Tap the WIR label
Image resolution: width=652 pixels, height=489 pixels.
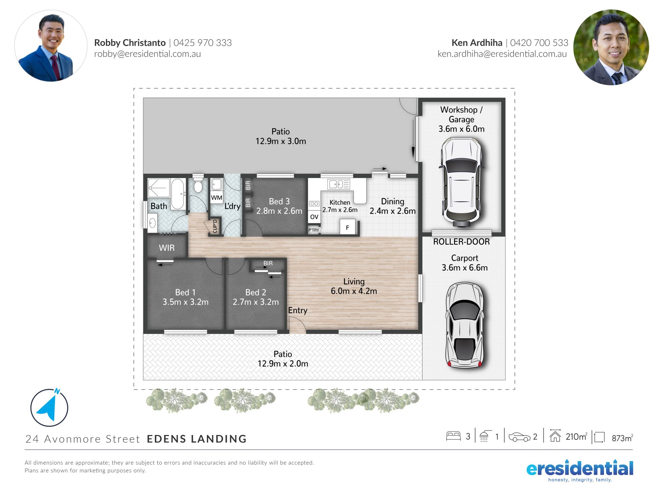click(x=167, y=248)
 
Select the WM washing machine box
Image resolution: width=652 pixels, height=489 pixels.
click(x=217, y=197)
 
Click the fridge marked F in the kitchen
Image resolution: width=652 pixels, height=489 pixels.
click(x=347, y=227)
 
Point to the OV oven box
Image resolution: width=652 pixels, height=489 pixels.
click(x=314, y=217)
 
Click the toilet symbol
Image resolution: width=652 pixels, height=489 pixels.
click(x=198, y=184)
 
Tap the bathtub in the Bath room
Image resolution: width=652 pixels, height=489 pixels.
click(x=177, y=194)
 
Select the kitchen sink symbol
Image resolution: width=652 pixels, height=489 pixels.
click(x=339, y=184)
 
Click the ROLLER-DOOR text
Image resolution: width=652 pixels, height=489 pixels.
click(x=461, y=242)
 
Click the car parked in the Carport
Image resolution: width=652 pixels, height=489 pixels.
click(x=464, y=324)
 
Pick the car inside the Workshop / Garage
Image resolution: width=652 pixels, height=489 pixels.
click(x=461, y=182)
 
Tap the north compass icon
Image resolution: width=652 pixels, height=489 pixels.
click(x=49, y=407)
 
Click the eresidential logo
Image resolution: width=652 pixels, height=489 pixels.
click(x=580, y=470)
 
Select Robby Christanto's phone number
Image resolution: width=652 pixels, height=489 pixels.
click(x=203, y=43)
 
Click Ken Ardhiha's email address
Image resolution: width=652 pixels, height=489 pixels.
click(x=502, y=54)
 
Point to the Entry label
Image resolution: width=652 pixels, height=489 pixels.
click(x=298, y=310)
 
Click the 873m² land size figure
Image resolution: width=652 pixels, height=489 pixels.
click(x=622, y=438)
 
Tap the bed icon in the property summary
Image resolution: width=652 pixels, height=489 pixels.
click(x=453, y=436)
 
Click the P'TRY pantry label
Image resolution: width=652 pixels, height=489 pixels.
click(x=314, y=230)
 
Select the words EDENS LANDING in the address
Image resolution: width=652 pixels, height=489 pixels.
click(x=197, y=439)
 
